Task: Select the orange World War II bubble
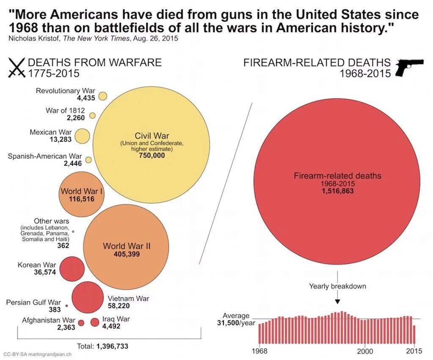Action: coord(126,249)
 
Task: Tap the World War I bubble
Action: coord(82,194)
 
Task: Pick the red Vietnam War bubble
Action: coord(88,297)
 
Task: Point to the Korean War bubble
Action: coord(72,269)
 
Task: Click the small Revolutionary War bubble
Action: coord(103,96)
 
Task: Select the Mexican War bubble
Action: coord(83,136)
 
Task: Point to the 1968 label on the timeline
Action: coord(259,352)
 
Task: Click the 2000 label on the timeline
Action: coord(365,352)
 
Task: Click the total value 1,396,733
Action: coord(112,346)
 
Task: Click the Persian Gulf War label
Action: coord(33,302)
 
